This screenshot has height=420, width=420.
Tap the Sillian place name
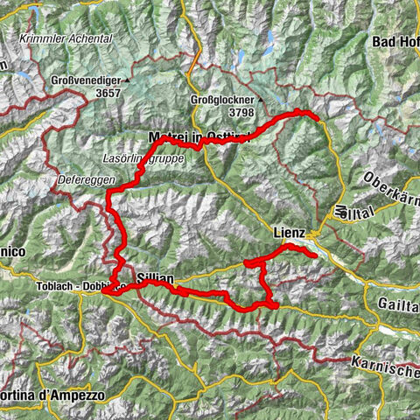(156, 277)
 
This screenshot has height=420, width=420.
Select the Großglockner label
(221, 100)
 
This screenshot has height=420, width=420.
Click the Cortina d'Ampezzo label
(52, 395)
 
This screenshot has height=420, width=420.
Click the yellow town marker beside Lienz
(312, 234)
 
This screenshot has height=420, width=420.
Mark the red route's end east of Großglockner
(313, 114)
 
